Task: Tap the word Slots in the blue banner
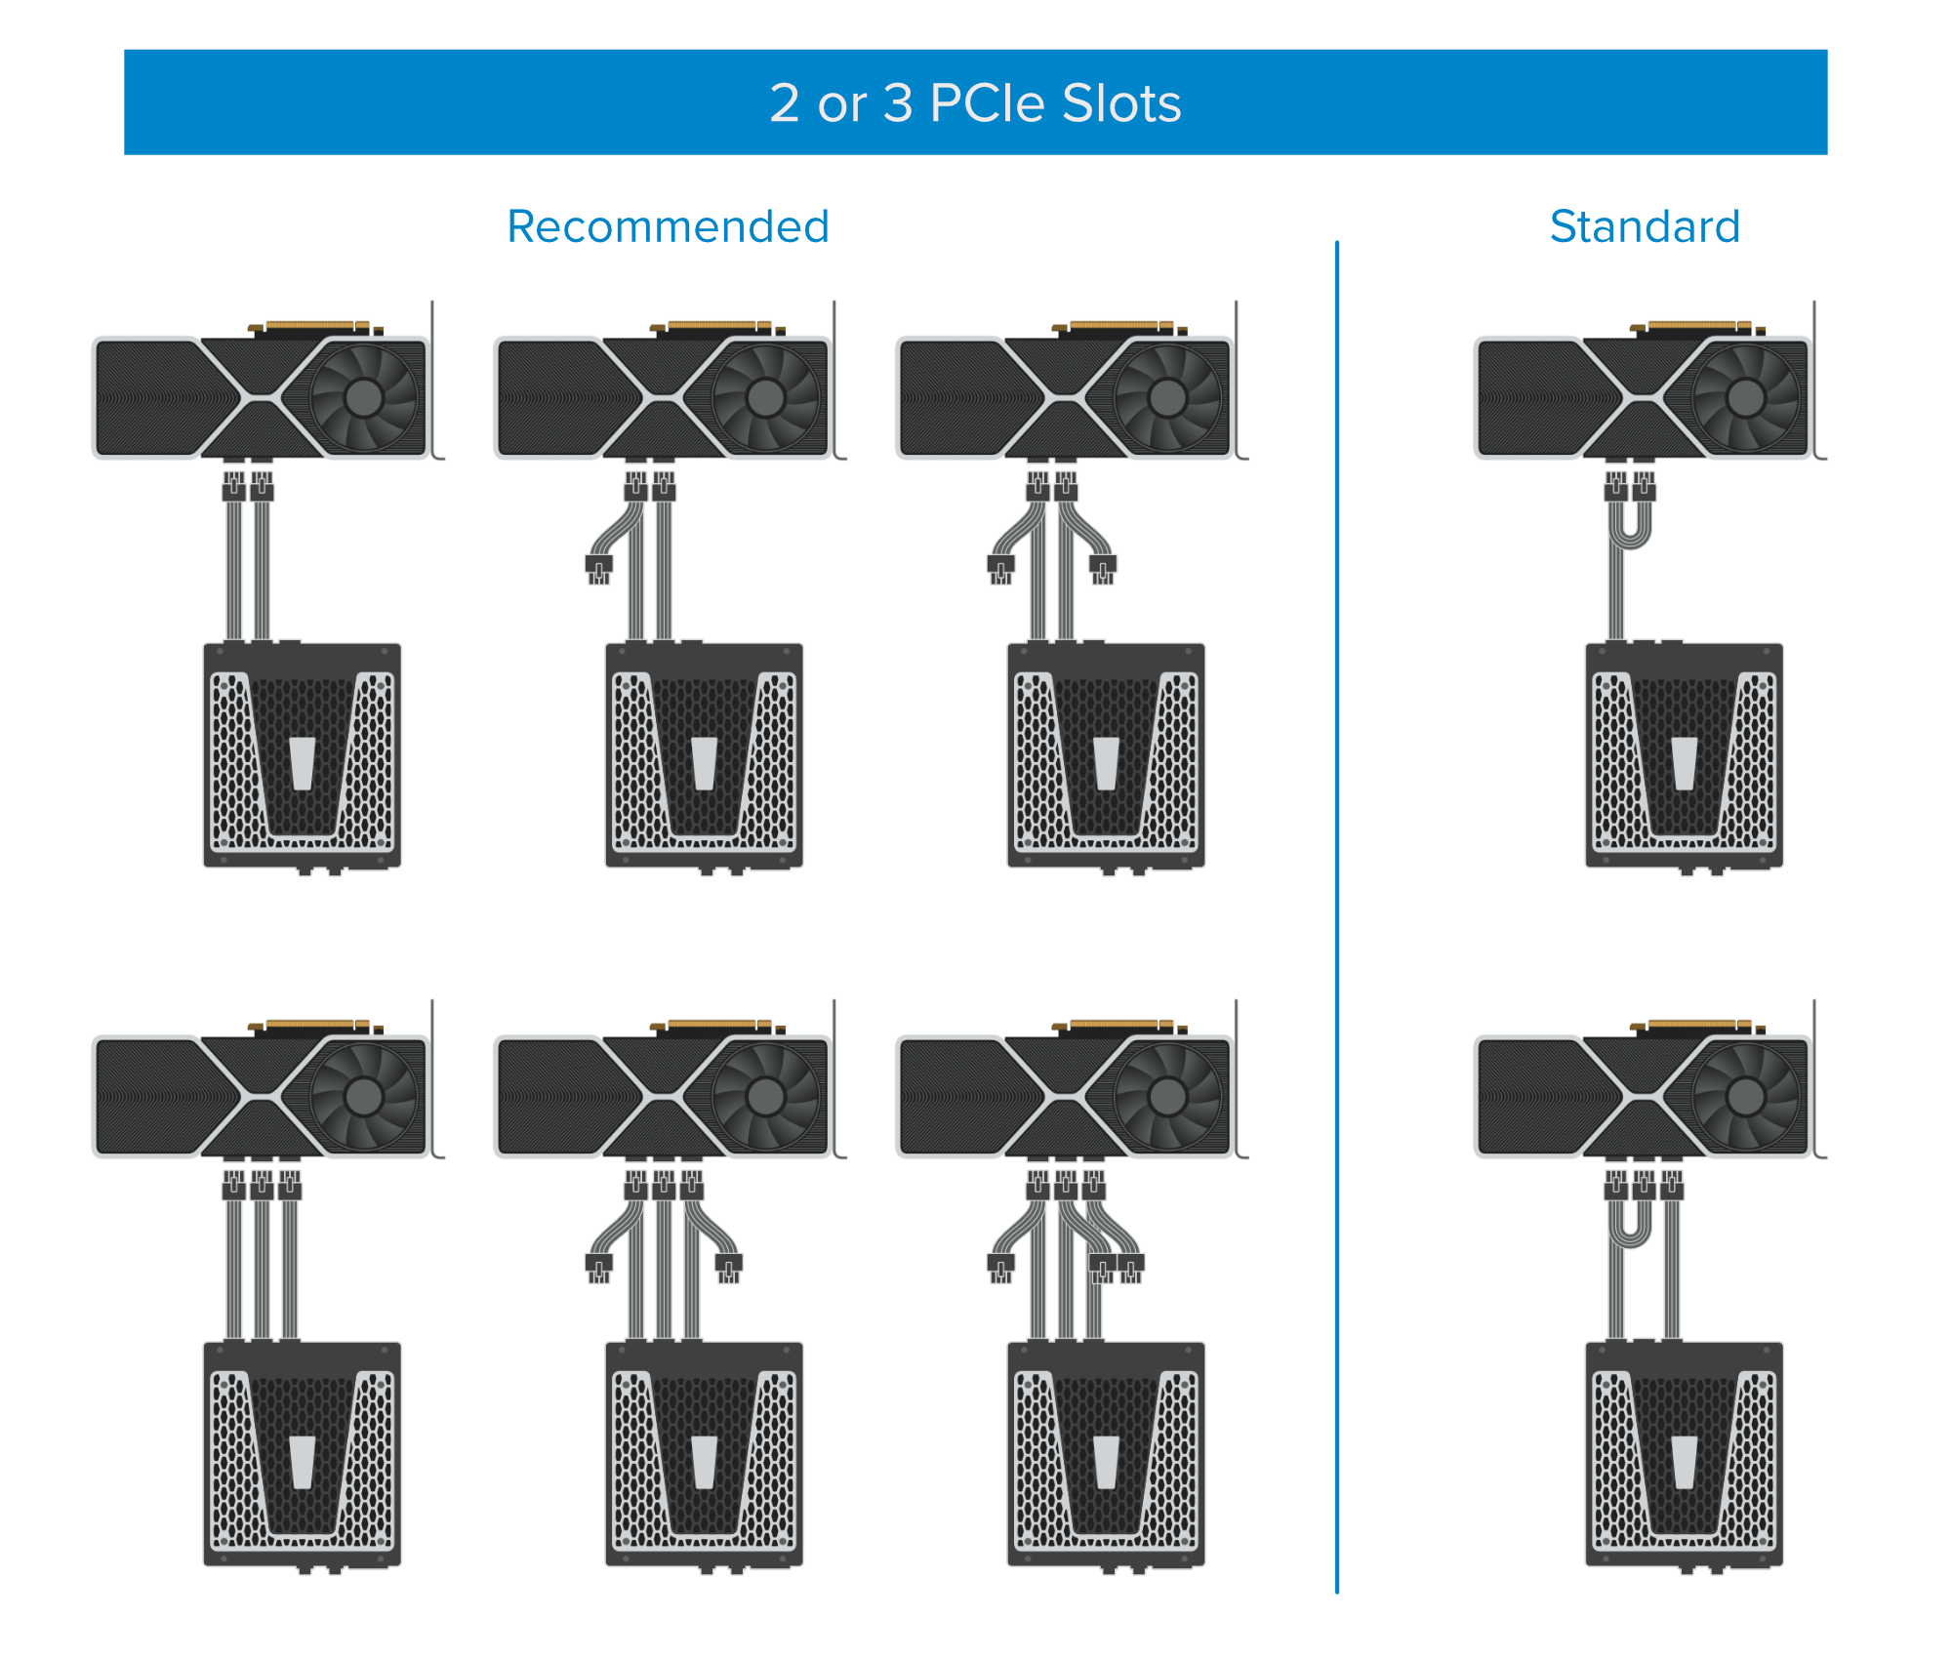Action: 1121,102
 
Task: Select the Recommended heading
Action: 668,226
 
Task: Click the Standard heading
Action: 1645,226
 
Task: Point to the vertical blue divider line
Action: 1336,917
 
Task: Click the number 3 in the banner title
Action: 898,102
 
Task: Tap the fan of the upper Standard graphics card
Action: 1745,397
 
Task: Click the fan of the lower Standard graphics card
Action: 1745,1097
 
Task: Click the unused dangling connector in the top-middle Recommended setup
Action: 598,569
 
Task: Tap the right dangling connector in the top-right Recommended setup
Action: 1103,569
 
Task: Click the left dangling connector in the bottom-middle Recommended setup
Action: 598,1268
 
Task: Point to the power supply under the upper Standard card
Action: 1684,755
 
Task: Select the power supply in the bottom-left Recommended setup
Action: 302,1455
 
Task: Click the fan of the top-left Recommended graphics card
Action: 363,397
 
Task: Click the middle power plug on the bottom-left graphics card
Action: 262,1184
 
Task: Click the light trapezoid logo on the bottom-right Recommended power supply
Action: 1106,1462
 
